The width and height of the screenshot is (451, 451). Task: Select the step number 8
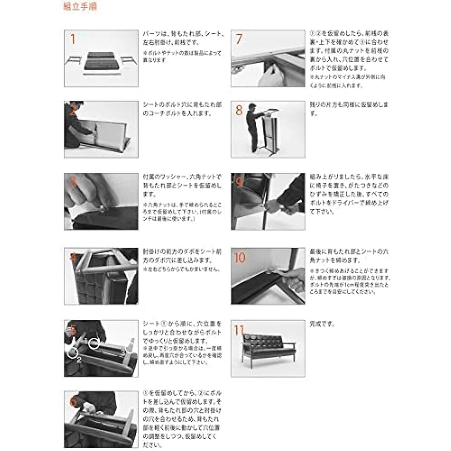click(239, 110)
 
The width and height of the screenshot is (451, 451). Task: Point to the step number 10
click(240, 258)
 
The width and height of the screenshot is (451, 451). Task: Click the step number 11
click(239, 330)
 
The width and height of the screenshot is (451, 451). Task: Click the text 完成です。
click(322, 324)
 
